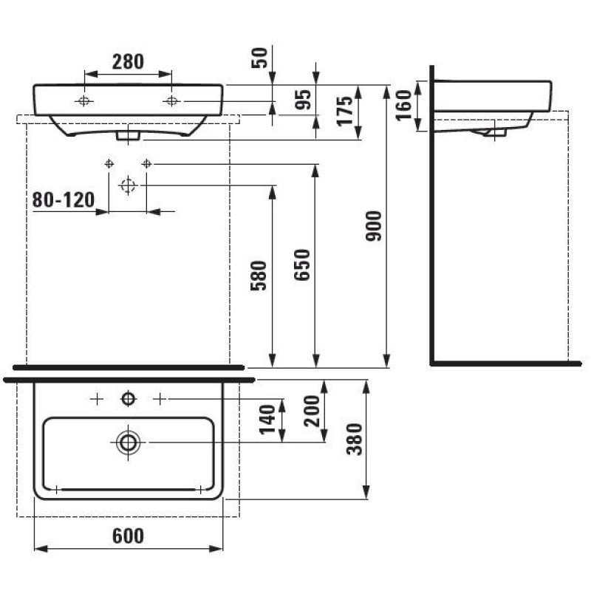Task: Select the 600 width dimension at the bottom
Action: coord(129,536)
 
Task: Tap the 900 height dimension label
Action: coord(374,226)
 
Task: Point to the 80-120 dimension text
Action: coord(64,199)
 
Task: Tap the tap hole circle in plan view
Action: coord(129,399)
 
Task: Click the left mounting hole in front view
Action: coord(85,100)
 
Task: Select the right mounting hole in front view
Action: coord(172,100)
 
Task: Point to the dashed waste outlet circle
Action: coord(128,185)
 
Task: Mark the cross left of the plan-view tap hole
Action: coord(96,399)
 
